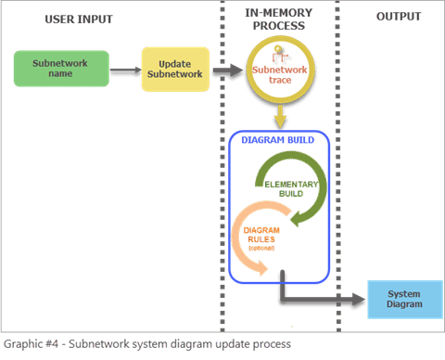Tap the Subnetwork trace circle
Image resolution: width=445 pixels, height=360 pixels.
tap(273, 72)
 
